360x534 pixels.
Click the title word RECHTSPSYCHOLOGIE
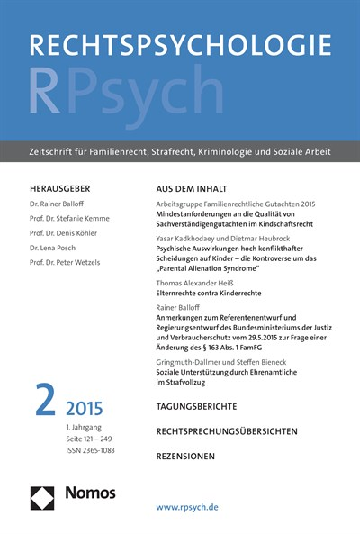pos(180,46)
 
